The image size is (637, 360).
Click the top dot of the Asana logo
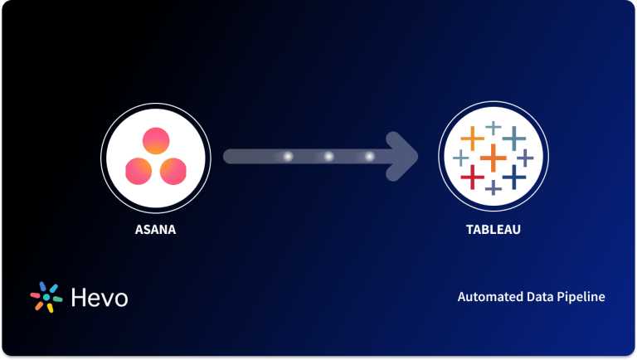coord(155,140)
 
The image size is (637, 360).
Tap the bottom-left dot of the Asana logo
coord(138,171)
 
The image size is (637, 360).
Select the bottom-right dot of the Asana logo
coord(173,171)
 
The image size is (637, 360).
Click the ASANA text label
coord(155,229)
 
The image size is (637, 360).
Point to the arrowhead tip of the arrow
coord(417,156)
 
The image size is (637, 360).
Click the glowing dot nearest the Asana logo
coord(288,156)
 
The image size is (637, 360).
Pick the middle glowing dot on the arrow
coord(328,156)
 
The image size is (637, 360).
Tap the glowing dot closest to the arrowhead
coord(369,156)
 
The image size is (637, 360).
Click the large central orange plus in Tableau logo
coord(493,156)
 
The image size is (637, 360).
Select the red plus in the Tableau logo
coord(472,176)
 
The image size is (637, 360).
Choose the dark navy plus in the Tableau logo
coord(514,176)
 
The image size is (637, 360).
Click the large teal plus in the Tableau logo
coord(514,137)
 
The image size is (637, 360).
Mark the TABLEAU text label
coord(493,229)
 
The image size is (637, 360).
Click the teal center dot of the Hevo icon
coord(46,297)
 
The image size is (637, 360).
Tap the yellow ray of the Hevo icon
coord(50,308)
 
